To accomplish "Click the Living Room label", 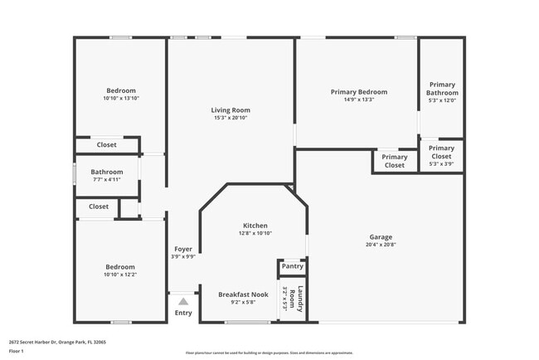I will click(x=230, y=110).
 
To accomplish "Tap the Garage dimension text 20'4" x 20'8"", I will click(x=381, y=244).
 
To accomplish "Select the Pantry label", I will click(x=292, y=266).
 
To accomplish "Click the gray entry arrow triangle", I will click(x=183, y=303).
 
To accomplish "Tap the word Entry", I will click(x=183, y=313).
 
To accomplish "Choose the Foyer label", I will click(x=183, y=249).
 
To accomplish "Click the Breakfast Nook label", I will click(x=243, y=294).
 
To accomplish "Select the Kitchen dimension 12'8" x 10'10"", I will click(x=255, y=233).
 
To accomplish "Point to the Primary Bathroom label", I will click(x=442, y=89).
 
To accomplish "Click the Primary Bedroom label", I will click(x=358, y=92).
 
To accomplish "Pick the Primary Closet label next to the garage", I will click(x=395, y=161).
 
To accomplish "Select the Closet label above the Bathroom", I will click(x=106, y=145).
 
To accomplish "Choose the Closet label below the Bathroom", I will click(x=99, y=207).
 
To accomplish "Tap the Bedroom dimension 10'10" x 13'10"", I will click(x=121, y=99).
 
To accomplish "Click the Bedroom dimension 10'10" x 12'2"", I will click(x=120, y=275).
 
